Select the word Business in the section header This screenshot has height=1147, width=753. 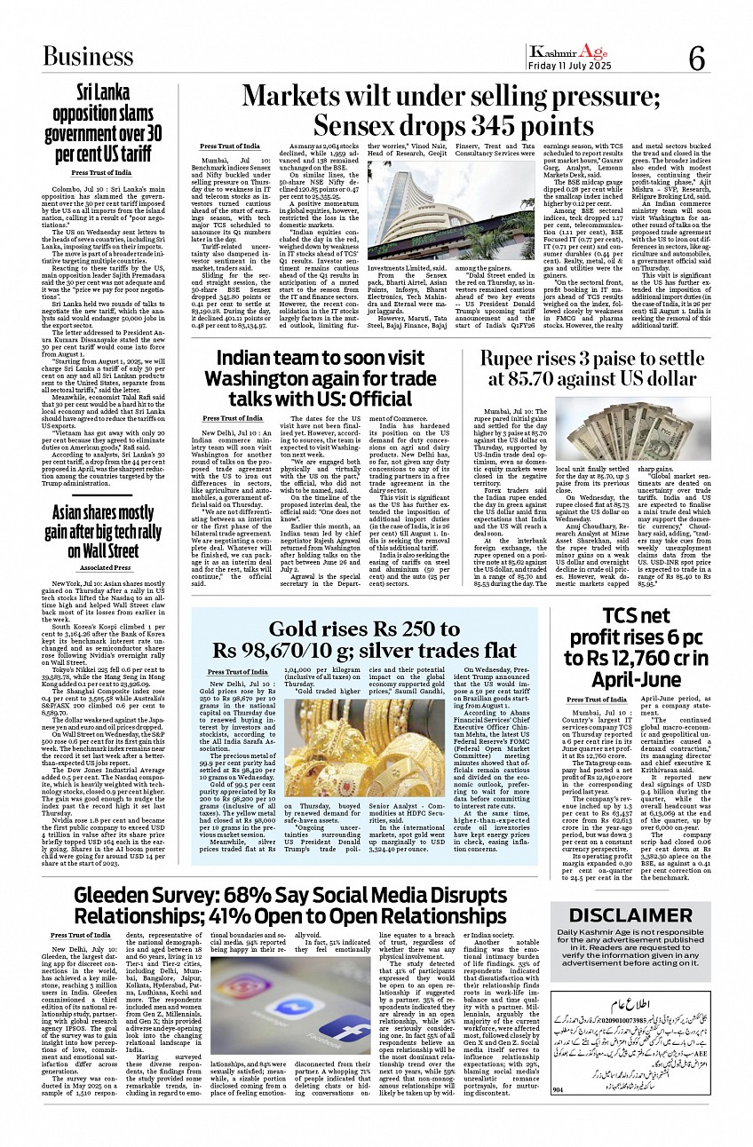89,57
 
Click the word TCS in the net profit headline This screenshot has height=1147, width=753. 622,616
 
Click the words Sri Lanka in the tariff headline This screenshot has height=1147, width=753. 106,92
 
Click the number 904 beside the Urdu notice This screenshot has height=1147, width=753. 559,1114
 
